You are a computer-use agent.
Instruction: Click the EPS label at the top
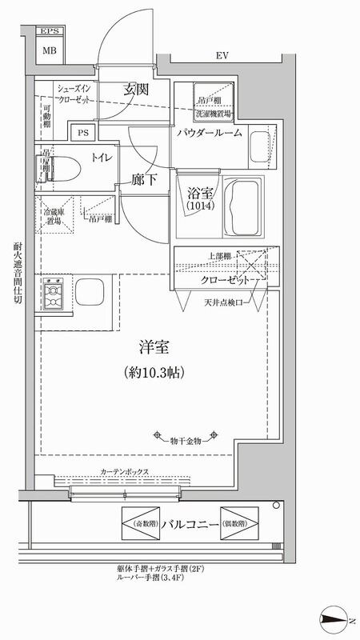coord(50,32)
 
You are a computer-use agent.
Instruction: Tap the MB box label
coord(50,50)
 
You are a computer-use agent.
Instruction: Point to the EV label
coord(222,56)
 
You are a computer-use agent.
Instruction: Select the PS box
coord(82,133)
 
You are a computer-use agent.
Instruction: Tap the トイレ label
coord(102,158)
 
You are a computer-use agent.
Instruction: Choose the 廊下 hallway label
coord(144,180)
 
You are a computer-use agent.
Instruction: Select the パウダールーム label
coord(210,133)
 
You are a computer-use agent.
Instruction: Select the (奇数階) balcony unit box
coord(138,523)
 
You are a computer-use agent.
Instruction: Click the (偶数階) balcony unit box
coord(239,523)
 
